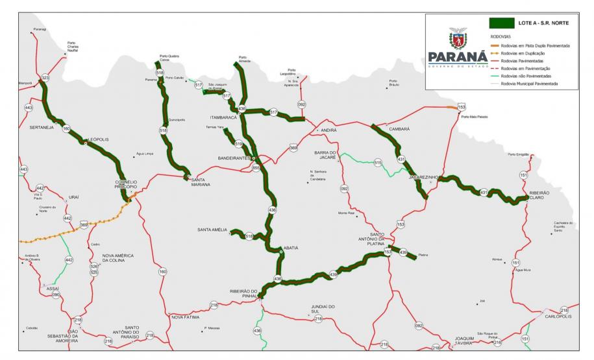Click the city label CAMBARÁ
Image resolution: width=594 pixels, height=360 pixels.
(399, 129)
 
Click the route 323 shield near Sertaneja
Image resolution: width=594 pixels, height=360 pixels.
(45, 78)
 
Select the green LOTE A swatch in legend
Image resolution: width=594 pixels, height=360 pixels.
(501, 23)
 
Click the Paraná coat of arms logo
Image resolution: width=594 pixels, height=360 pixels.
(460, 38)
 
